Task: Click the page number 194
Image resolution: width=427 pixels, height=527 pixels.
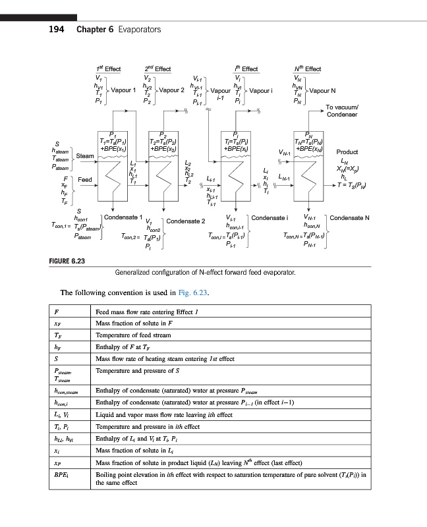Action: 57,30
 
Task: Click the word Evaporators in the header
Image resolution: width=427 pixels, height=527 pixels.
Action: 139,30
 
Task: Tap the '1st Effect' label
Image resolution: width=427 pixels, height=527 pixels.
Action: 108,69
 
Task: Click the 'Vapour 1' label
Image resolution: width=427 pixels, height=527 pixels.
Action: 124,90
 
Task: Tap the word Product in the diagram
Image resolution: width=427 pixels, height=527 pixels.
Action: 347,152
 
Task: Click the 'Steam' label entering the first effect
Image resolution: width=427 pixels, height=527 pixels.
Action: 85,155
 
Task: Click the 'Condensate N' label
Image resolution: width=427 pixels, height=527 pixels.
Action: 349,217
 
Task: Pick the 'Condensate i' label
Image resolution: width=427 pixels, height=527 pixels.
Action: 270,217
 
